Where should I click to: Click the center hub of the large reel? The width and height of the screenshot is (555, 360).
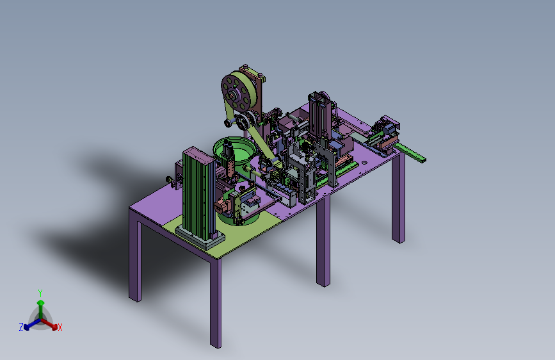point(233,95)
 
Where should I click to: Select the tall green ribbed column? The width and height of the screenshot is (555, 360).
point(198,193)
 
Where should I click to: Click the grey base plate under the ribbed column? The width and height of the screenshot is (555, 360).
point(200,238)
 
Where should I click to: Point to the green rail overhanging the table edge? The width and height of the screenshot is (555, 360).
point(410,152)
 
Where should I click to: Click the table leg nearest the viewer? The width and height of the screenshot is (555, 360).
point(216,303)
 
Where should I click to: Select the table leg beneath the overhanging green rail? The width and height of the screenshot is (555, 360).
point(398,199)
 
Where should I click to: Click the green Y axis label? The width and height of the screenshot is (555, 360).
point(40,293)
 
